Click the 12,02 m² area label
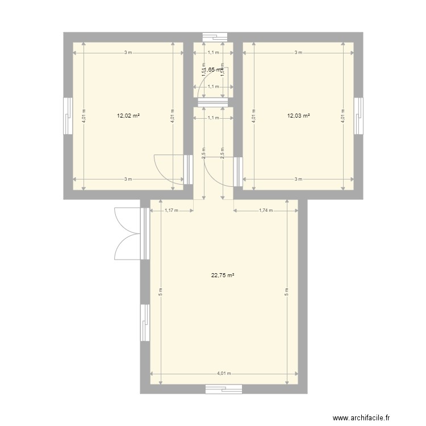pyautogui.click(x=128, y=115)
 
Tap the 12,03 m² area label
pyautogui.click(x=298, y=115)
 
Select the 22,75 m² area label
pyautogui.click(x=223, y=275)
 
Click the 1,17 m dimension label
pyautogui.click(x=171, y=211)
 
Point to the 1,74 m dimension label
pyautogui.click(x=266, y=211)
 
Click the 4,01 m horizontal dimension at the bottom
pyautogui.click(x=224, y=373)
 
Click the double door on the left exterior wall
pyautogui.click(x=128, y=233)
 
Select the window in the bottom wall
pyautogui.click(x=224, y=389)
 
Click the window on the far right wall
pyautogui.click(x=358, y=116)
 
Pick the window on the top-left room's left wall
pyautogui.click(x=68, y=116)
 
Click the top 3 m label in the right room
pyautogui.click(x=298, y=53)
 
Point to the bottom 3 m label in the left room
pyautogui.click(x=128, y=179)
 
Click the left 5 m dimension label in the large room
pyautogui.click(x=161, y=293)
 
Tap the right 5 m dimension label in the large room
pyautogui.click(x=287, y=293)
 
